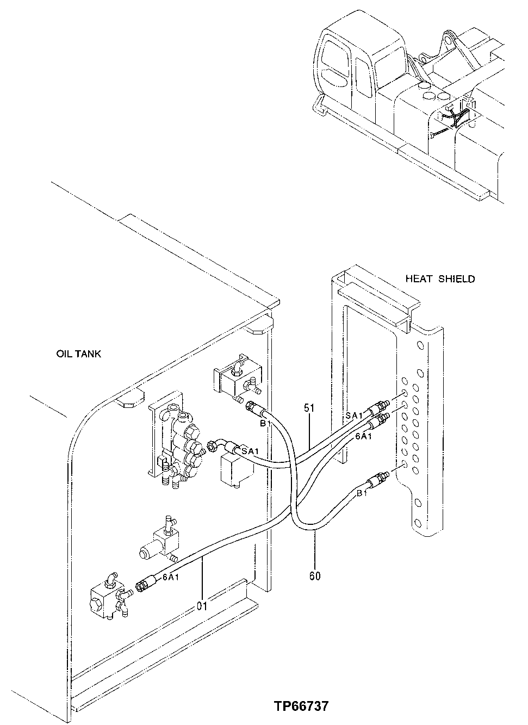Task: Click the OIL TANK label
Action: tap(78, 354)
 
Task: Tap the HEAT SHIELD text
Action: tap(440, 279)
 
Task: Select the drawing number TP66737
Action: tap(301, 707)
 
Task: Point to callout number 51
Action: tap(309, 408)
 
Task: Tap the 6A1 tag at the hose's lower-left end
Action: tap(171, 578)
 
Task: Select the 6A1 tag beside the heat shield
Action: tap(363, 436)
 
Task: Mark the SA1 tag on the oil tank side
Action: tap(250, 451)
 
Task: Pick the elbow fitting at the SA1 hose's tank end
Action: tap(220, 445)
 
